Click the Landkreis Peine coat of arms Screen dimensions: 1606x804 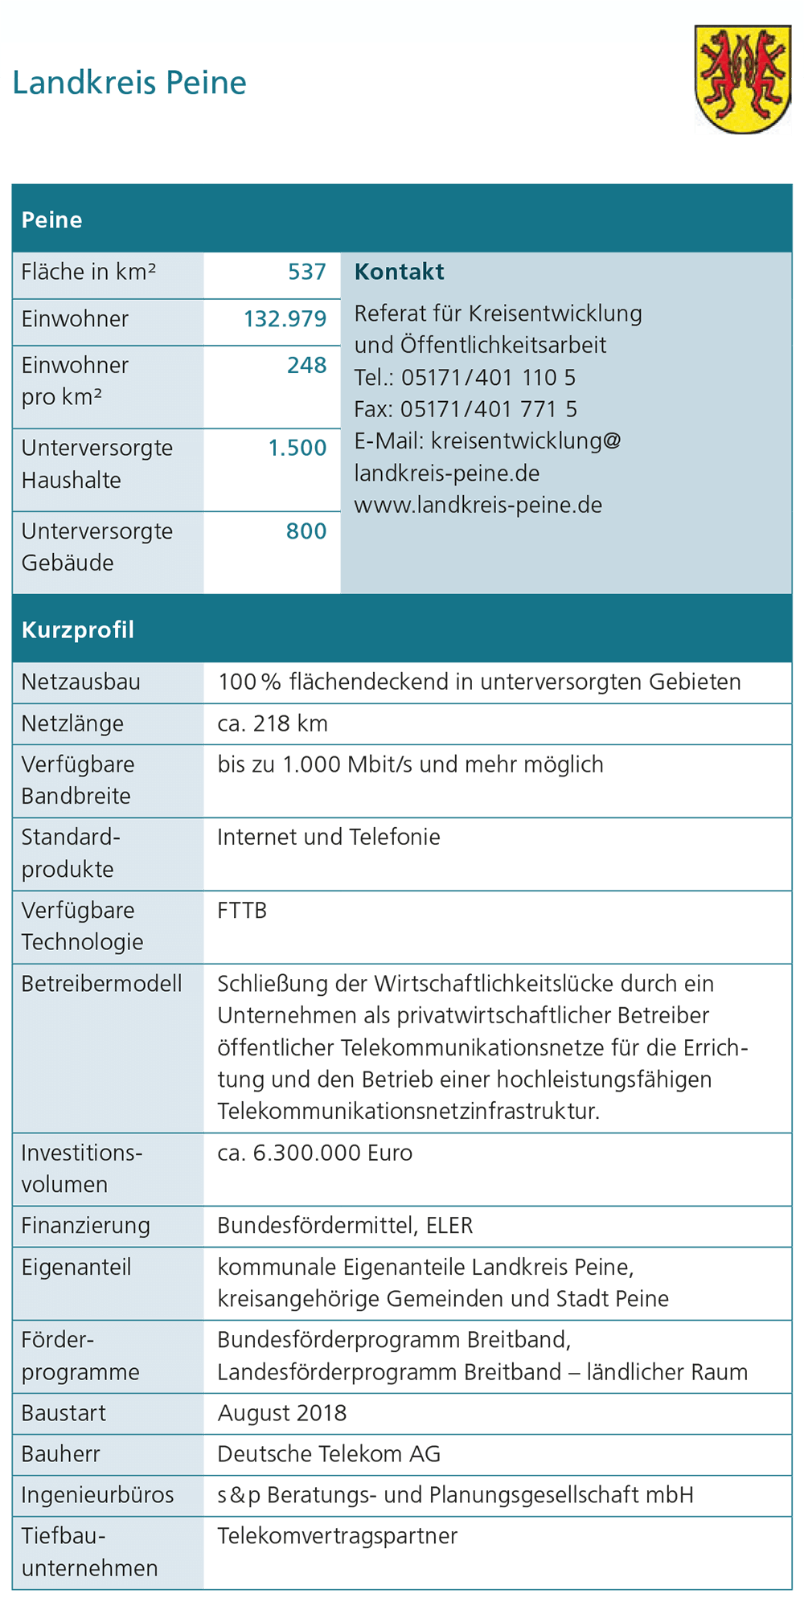[x=742, y=78]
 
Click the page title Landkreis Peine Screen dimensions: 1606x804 [x=129, y=83]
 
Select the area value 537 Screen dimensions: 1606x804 [x=307, y=272]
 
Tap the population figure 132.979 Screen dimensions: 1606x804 [x=285, y=319]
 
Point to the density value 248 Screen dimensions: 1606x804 [x=307, y=366]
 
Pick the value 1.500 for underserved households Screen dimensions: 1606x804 [x=297, y=448]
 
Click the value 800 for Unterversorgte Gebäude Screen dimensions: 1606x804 [x=306, y=531]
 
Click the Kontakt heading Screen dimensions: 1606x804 [x=399, y=272]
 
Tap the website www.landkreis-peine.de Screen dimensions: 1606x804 [x=478, y=506]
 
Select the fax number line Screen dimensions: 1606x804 [x=466, y=409]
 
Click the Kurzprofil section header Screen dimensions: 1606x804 [x=78, y=629]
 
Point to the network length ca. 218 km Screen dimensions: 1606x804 [x=273, y=723]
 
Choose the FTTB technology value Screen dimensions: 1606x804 [x=242, y=911]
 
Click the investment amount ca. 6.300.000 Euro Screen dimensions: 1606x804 [x=314, y=1153]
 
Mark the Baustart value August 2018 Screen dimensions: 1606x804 [x=282, y=1413]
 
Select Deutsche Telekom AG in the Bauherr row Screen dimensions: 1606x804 [x=329, y=1454]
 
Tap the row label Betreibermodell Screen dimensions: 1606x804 [x=101, y=984]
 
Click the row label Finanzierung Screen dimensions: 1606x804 [x=86, y=1226]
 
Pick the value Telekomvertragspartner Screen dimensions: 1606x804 [x=338, y=1536]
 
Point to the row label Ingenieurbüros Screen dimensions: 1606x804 [x=97, y=1495]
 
